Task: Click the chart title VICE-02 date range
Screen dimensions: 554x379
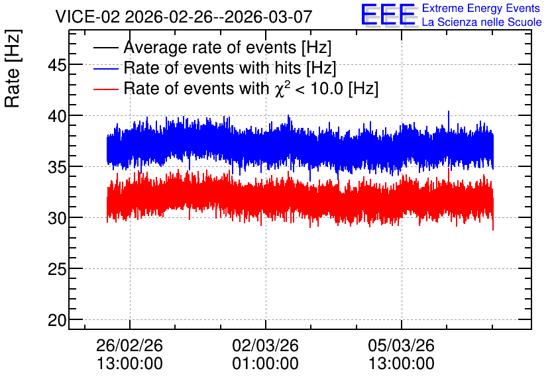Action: point(184,17)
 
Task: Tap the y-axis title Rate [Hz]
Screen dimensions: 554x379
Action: point(13,68)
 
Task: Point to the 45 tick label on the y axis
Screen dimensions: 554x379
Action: point(57,65)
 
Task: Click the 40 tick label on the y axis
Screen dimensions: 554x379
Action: point(57,116)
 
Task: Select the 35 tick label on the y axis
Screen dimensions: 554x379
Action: point(57,168)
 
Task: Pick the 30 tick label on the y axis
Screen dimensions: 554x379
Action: point(57,218)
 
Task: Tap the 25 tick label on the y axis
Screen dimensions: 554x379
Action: point(57,270)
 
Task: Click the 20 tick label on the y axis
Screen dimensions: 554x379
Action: point(57,321)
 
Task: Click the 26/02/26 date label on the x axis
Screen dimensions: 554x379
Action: point(129,345)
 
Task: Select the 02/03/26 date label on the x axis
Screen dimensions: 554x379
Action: point(265,345)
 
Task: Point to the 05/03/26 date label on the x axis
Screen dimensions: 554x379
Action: point(402,345)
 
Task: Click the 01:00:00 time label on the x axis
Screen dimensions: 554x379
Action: point(265,363)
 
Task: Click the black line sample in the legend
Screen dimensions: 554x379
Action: point(105,48)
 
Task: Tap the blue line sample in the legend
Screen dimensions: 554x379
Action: point(105,68)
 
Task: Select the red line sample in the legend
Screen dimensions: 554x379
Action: point(105,89)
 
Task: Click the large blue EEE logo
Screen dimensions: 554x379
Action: point(388,15)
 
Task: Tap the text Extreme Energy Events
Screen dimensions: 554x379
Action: point(481,8)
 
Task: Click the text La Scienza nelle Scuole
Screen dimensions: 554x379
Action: point(482,22)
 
